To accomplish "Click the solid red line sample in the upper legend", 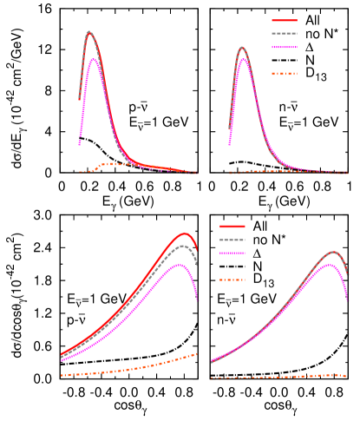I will click(x=285, y=20).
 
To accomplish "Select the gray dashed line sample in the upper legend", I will click(x=285, y=34).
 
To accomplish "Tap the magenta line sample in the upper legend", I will click(x=285, y=48).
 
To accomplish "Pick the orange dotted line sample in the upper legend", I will click(x=285, y=74).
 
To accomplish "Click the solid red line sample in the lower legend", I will click(x=232, y=227).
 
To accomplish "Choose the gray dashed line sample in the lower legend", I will click(x=232, y=240).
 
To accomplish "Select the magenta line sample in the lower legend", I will click(x=232, y=253).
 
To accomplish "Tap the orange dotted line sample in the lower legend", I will click(x=232, y=280).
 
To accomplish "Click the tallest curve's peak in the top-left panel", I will click(x=88, y=32).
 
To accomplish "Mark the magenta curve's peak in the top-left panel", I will click(x=93, y=59).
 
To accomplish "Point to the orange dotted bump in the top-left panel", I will click(x=108, y=163).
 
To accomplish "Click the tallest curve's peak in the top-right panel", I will click(x=242, y=48).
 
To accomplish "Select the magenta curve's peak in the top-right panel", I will click(x=244, y=59).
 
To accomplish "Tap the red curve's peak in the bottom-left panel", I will click(x=184, y=233).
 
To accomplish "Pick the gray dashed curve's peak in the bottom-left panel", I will click(x=182, y=246).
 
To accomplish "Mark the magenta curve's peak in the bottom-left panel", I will click(x=179, y=264).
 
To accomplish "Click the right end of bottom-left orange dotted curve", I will click(x=196, y=354).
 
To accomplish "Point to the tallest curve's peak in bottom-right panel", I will click(x=333, y=252).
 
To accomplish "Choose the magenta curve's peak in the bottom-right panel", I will click(x=329, y=264).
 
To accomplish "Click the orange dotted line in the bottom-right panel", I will click(x=278, y=377).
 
